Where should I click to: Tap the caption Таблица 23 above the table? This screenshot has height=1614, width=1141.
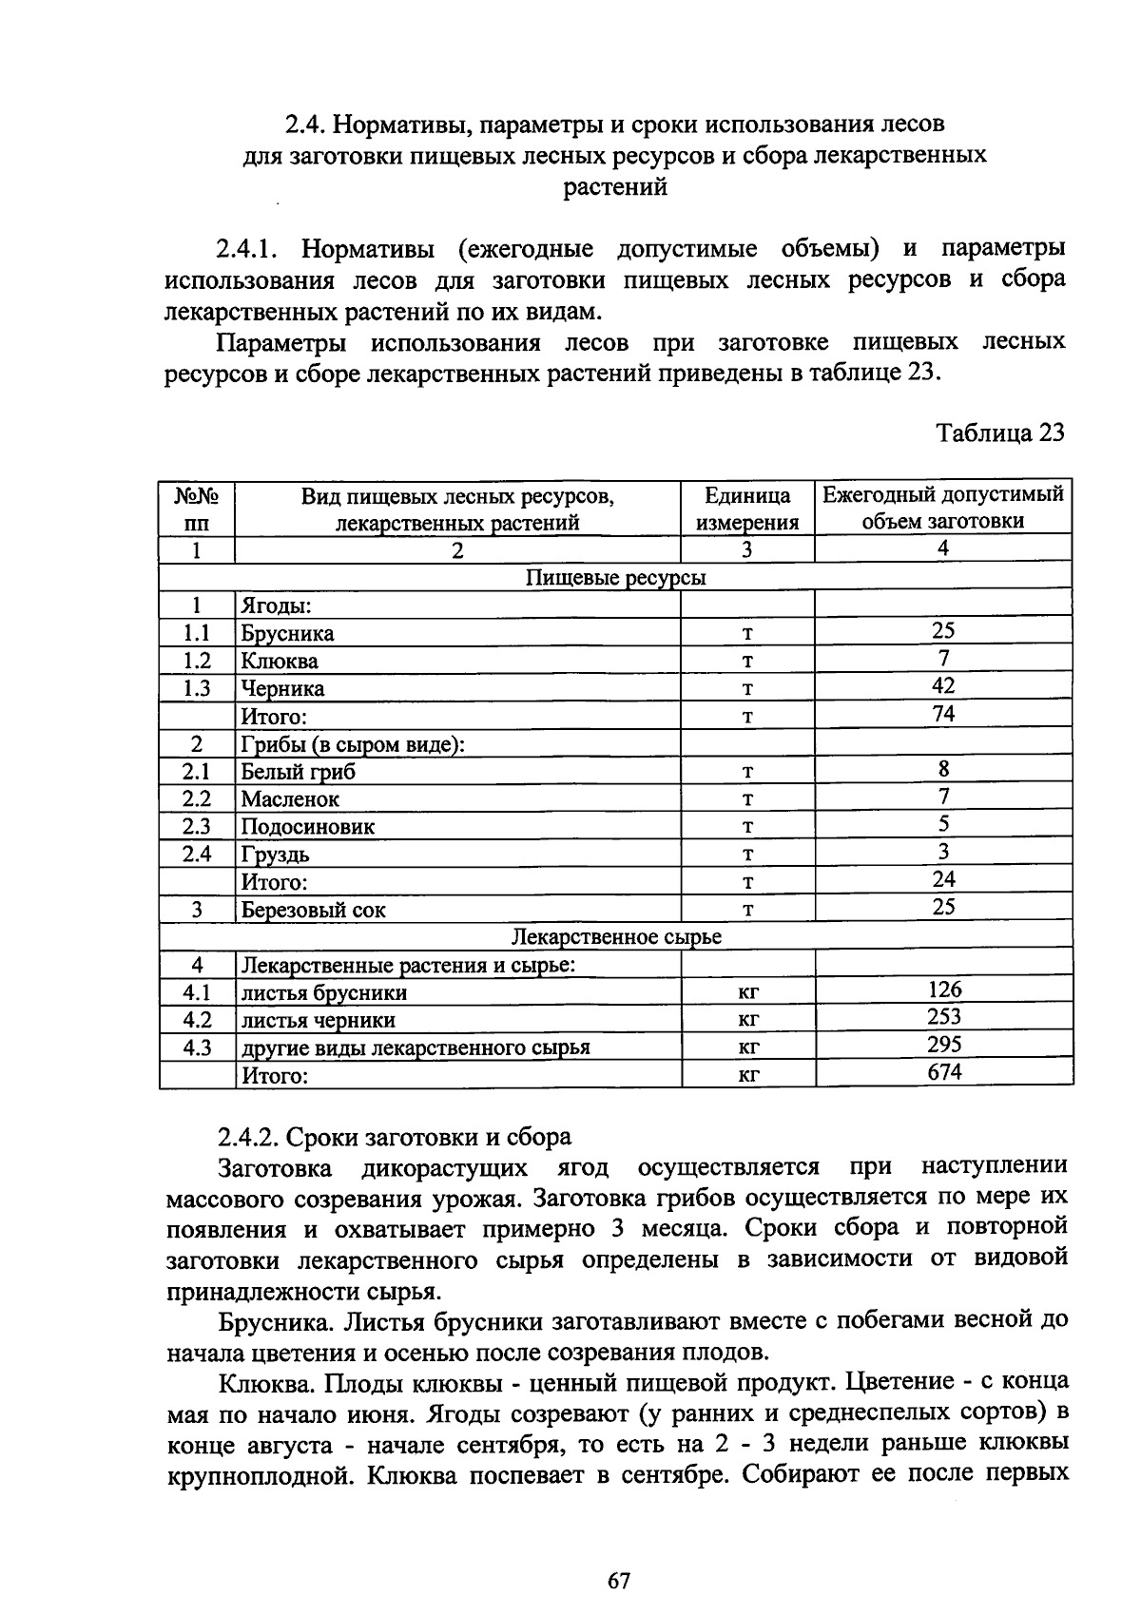tap(999, 432)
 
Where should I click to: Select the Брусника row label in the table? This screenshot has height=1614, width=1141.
tap(287, 633)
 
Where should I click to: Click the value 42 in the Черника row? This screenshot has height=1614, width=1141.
tap(943, 685)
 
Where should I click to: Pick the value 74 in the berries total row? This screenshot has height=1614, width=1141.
tap(943, 713)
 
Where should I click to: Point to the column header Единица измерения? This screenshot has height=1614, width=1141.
tap(747, 509)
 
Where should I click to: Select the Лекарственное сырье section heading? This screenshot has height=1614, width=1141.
tap(616, 937)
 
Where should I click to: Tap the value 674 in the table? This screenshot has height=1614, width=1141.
tap(944, 1072)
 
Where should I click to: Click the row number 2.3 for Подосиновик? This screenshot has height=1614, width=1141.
tap(197, 826)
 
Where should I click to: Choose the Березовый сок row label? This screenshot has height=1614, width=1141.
tap(313, 910)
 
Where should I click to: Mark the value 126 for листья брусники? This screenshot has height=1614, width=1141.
tap(944, 990)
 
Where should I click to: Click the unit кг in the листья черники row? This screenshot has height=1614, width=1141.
tap(748, 1021)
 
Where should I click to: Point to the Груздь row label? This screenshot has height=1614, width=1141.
tap(275, 855)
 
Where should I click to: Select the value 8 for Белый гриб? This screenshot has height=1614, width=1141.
tap(943, 769)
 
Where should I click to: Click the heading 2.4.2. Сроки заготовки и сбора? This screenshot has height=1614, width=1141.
tap(395, 1137)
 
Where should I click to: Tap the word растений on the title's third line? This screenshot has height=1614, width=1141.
tap(615, 187)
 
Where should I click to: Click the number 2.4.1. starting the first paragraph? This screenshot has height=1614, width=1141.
tap(246, 250)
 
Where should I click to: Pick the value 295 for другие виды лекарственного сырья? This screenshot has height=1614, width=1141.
tap(944, 1045)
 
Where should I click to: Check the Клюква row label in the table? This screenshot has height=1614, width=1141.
tap(280, 661)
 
